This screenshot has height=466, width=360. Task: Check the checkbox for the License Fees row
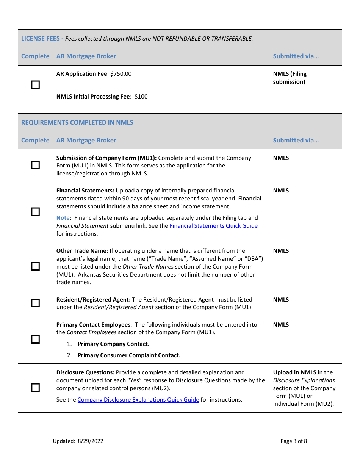[35, 85]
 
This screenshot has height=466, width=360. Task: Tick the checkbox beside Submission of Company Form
[35, 165]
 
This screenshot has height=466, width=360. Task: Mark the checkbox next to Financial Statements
[35, 212]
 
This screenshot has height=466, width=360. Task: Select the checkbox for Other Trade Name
[35, 266]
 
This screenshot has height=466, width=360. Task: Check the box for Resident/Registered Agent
[35, 303]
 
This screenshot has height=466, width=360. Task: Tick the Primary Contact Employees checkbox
[35, 339]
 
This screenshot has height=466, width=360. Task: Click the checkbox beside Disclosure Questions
[35, 388]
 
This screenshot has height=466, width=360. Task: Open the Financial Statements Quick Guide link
[213, 226]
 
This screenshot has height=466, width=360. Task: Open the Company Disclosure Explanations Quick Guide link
[138, 400]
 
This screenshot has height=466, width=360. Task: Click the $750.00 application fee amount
[121, 74]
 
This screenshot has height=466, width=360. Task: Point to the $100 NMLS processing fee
[141, 97]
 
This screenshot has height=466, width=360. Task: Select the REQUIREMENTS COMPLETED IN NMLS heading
[77, 122]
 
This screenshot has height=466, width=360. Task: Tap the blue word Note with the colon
[64, 218]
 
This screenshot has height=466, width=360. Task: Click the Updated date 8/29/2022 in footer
[90, 441]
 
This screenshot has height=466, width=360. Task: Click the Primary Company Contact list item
[113, 344]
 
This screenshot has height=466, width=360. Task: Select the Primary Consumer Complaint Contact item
[129, 355]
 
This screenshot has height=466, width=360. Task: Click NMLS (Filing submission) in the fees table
[290, 78]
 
